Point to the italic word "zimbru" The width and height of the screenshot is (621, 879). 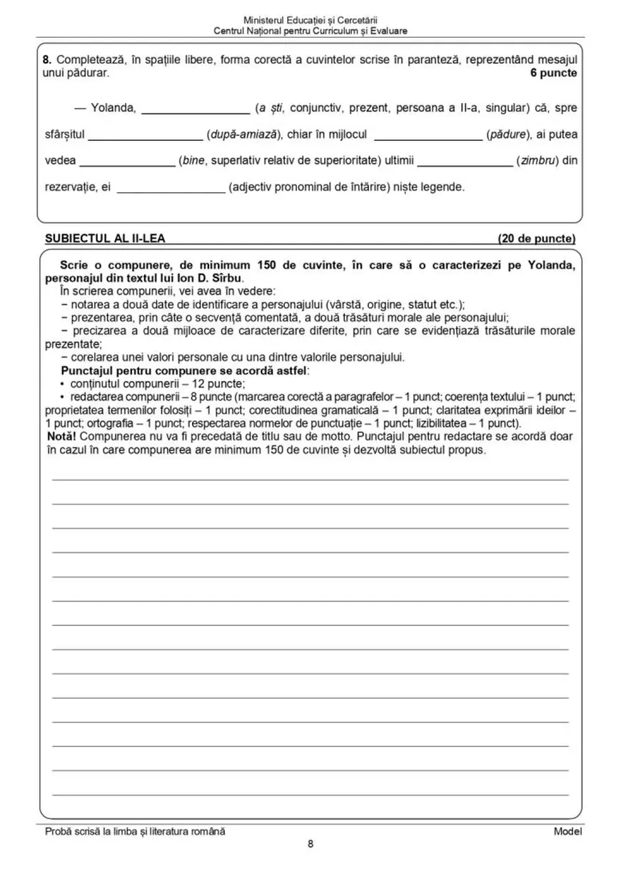click(x=537, y=161)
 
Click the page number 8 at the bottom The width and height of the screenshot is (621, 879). click(x=310, y=844)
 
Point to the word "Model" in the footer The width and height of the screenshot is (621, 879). click(x=567, y=830)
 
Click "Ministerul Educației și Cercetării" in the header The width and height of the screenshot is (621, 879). click(x=310, y=21)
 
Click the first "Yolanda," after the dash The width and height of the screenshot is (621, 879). click(x=113, y=108)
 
